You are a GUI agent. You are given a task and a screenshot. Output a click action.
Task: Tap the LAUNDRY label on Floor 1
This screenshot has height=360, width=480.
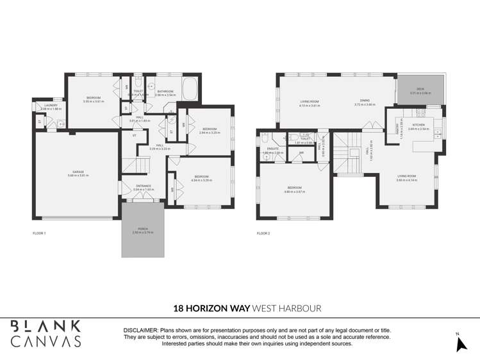(x=51, y=106)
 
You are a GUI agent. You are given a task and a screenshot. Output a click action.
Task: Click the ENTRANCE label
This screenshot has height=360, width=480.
(x=142, y=187)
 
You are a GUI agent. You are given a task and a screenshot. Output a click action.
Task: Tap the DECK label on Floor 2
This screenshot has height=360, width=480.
(x=420, y=89)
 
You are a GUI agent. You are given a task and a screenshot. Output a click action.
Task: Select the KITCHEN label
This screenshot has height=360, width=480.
(x=418, y=126)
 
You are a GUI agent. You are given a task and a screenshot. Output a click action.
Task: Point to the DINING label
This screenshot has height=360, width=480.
(x=364, y=101)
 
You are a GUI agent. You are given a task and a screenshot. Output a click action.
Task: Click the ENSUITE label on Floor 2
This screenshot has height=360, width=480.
(x=272, y=150)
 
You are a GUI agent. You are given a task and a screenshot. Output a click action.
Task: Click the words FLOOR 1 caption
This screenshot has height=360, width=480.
(x=39, y=233)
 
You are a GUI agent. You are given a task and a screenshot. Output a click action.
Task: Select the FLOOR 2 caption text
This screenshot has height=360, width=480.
(x=263, y=233)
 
